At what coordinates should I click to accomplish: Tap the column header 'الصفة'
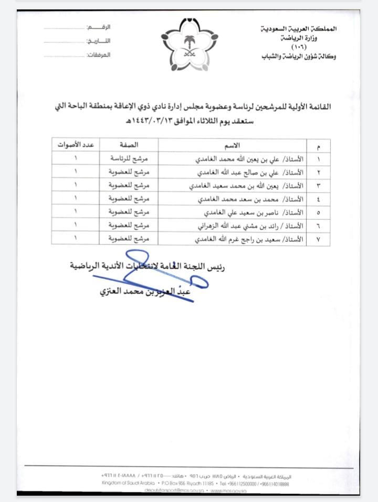coord(129,145)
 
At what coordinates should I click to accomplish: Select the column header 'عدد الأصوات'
coord(75,145)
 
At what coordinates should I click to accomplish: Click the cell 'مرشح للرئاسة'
coord(129,158)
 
